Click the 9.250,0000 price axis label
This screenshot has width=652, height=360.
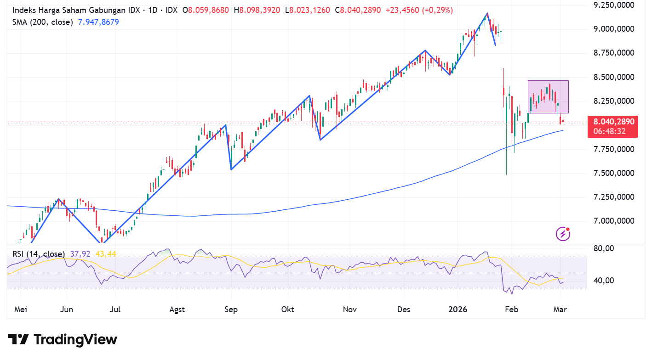click(614, 5)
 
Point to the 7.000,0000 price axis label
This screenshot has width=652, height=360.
click(614, 221)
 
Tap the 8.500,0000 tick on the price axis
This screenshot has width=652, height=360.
click(614, 77)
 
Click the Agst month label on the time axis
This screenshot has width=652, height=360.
click(177, 309)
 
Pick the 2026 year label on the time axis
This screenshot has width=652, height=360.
click(458, 309)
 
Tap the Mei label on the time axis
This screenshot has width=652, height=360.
click(21, 309)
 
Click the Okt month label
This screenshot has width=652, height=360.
click(287, 309)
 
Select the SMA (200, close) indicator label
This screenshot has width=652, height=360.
click(43, 22)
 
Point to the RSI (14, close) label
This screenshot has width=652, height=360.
click(39, 253)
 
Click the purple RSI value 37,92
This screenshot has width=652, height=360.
click(79, 253)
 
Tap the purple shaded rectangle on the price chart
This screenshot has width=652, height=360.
click(548, 97)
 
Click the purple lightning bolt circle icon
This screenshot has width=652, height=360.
click(563, 234)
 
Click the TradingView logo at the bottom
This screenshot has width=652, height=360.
click(63, 339)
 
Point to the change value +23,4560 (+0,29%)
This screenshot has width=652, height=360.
click(418, 10)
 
